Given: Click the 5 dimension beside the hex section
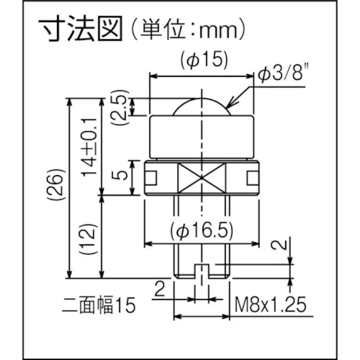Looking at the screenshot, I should (x=120, y=177).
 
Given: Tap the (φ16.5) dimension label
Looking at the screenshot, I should (x=201, y=231).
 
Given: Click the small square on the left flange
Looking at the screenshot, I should (x=150, y=177).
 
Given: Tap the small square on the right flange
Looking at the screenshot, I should (x=253, y=177).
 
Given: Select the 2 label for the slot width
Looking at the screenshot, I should (x=160, y=289).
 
